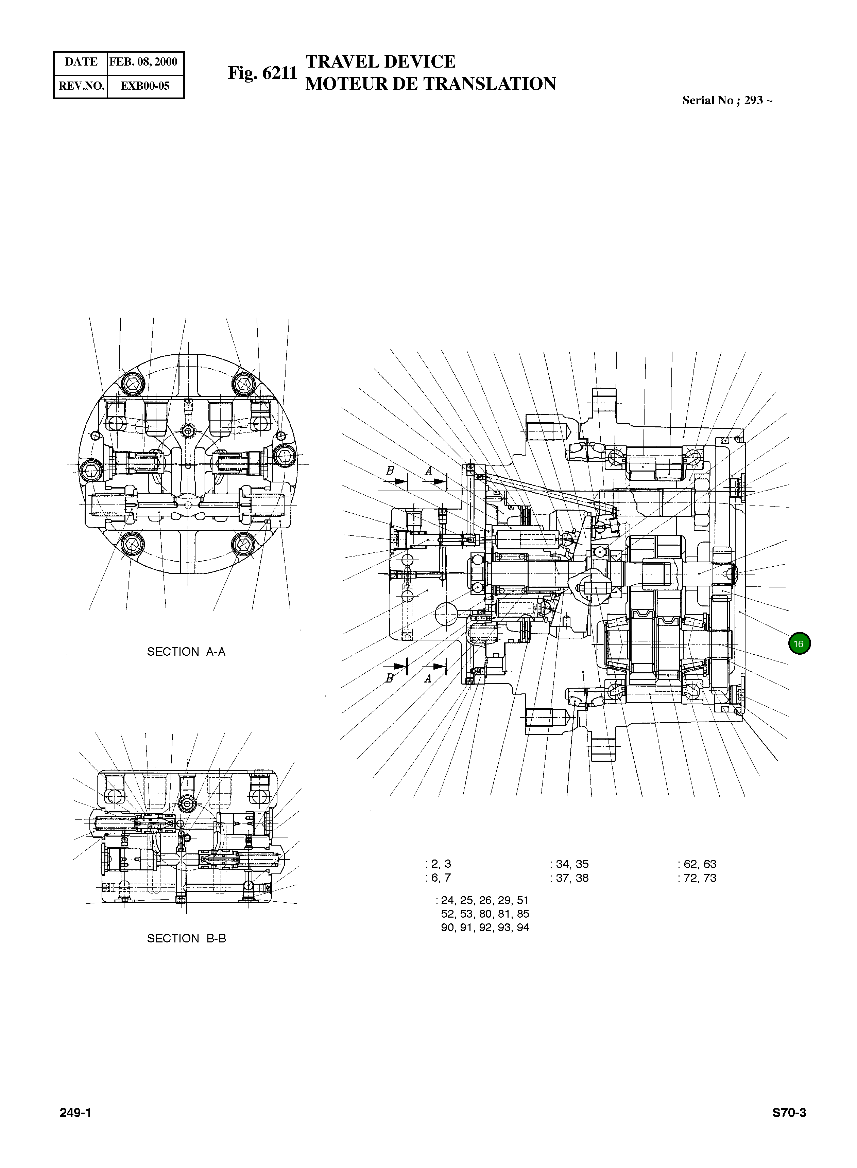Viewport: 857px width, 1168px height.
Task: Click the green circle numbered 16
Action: [799, 644]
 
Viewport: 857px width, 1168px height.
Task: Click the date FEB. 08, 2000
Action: [144, 62]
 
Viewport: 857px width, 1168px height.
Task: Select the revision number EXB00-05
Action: [145, 86]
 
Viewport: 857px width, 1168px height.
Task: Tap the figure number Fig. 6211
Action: [262, 73]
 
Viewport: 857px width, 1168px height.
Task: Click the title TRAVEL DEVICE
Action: [380, 62]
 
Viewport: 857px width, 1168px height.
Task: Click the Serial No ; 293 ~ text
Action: [727, 101]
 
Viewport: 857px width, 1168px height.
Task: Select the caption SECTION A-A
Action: [186, 652]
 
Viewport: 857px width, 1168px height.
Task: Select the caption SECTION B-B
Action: [186, 938]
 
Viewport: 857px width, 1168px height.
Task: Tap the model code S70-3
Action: [789, 1113]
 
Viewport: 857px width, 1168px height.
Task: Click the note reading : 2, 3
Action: [438, 864]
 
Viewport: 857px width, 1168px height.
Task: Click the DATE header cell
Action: [81, 62]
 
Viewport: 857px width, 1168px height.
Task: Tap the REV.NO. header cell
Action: [81, 86]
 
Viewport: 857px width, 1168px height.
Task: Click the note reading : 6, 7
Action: [438, 878]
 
